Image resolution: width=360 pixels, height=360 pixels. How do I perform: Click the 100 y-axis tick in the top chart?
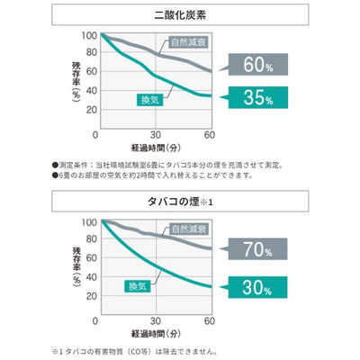[x=87, y=35]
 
